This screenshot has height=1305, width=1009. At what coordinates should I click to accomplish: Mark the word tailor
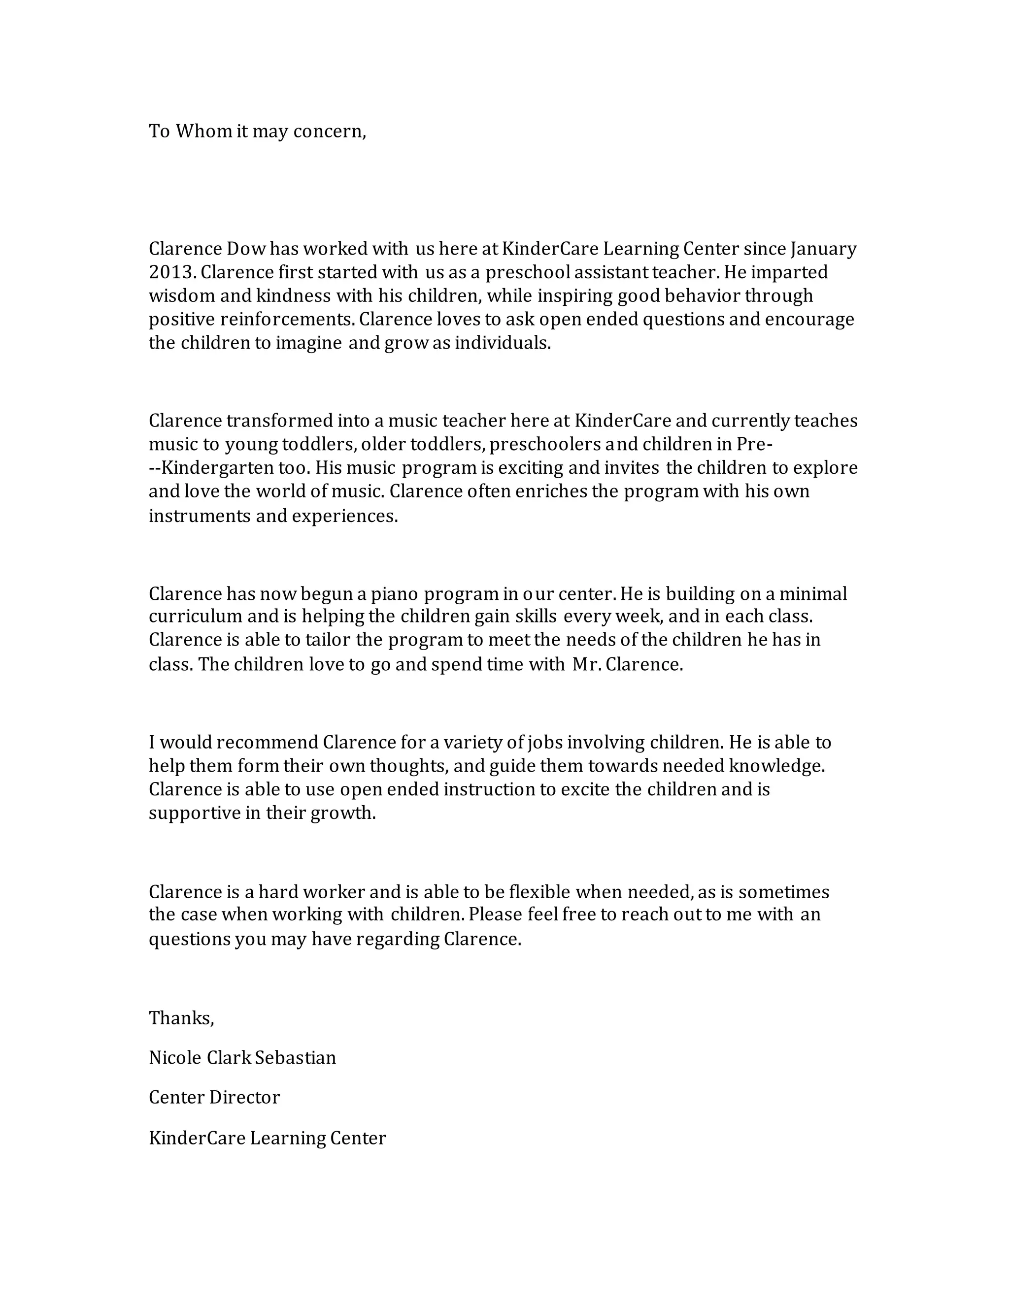click(328, 640)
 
